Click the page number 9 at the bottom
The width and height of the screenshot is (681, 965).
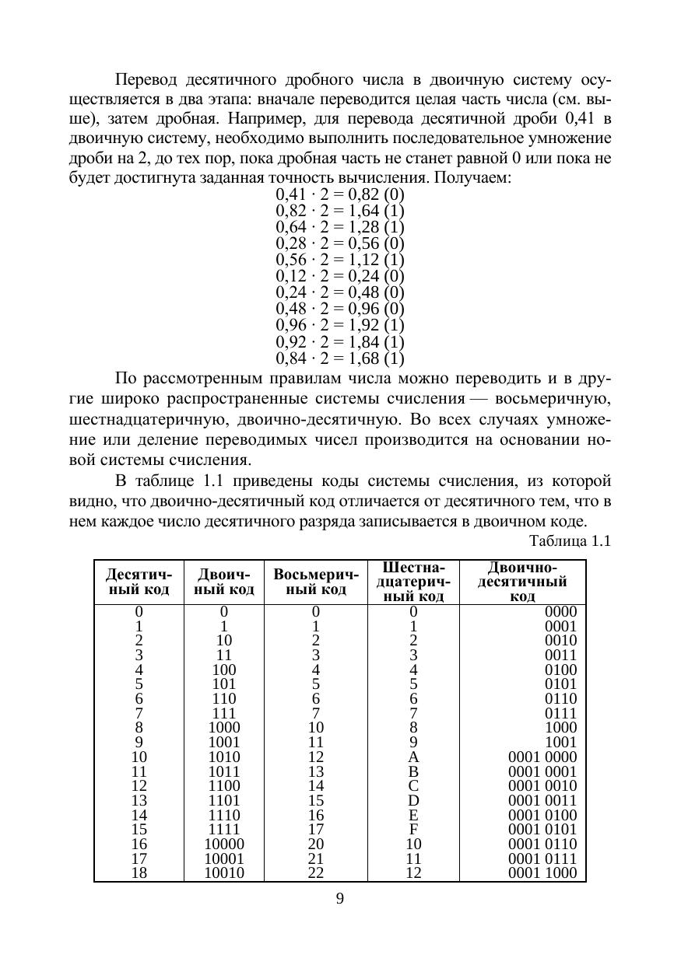tap(340, 900)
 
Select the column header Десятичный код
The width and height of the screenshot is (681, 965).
tap(138, 582)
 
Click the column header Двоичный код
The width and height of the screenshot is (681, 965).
tap(224, 582)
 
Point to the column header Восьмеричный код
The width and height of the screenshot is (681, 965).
tap(316, 582)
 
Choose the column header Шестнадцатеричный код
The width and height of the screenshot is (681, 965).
tap(413, 582)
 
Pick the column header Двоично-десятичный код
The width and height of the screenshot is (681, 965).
tap(522, 582)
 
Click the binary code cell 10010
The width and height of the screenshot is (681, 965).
tap(223, 873)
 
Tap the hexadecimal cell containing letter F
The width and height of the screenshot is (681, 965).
tap(413, 830)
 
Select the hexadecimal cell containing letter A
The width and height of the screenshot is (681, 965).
tap(413, 757)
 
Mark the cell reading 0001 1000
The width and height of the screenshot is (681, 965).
tap(542, 873)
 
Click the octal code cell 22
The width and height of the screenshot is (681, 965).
tap(315, 873)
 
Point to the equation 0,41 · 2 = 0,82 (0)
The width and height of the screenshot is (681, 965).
tap(340, 194)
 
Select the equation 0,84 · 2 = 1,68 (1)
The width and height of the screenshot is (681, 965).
tap(340, 358)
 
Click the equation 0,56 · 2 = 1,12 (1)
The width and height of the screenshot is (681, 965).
tap(340, 260)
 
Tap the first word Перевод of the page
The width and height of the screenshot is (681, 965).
tap(147, 80)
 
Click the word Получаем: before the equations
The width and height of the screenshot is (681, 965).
tap(472, 177)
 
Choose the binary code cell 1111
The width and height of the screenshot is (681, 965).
tap(223, 830)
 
